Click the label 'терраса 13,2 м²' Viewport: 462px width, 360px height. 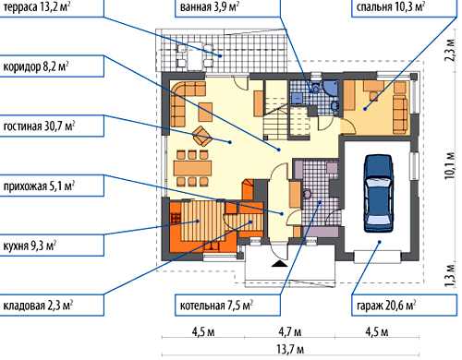pos(36,6)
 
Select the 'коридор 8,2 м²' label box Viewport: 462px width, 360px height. pos(36,66)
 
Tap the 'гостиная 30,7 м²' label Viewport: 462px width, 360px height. pos(39,126)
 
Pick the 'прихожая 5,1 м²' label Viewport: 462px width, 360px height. pos(39,186)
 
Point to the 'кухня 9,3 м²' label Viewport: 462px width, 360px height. pos(30,246)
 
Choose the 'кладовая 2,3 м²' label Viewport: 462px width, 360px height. pos(38,306)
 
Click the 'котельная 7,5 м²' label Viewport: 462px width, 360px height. pos(216,306)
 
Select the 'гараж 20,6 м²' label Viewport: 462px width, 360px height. pos(386,306)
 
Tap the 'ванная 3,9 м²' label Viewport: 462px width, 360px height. pos(210,6)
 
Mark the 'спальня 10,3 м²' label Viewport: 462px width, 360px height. pos(391,6)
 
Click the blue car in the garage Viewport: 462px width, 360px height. pos(379,193)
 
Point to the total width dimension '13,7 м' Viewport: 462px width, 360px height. pos(290,350)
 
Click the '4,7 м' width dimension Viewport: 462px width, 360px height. pos(290,332)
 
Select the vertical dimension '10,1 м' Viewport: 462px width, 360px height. pos(450,165)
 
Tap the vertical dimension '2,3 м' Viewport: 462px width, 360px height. pos(450,50)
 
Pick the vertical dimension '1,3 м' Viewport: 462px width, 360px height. pos(450,275)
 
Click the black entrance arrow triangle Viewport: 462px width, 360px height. pos(280,263)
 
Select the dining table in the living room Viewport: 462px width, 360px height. pos(192,168)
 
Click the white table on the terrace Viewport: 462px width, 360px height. pos(195,56)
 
